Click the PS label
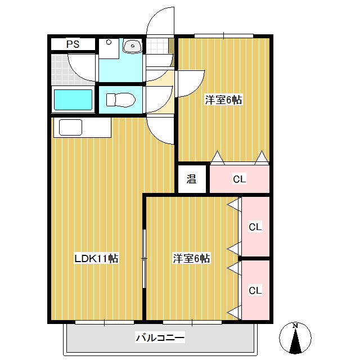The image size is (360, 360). (x=72, y=44)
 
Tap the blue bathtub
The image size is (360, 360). (x=72, y=101)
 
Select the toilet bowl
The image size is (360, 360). (x=121, y=100)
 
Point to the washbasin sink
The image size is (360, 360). (x=133, y=46)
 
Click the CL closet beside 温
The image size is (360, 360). (x=240, y=180)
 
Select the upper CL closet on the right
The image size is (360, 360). (x=255, y=227)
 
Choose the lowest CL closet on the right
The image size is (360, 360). (x=255, y=290)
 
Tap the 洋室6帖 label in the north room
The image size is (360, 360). (x=223, y=100)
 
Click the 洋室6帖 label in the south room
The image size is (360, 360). (x=191, y=259)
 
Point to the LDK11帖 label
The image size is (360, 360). (x=96, y=259)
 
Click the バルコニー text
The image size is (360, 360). (x=160, y=338)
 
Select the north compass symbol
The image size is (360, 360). (x=295, y=339)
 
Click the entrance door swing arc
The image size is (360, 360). (x=160, y=22)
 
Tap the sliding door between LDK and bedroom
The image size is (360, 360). (x=144, y=259)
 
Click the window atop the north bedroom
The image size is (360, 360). (x=223, y=36)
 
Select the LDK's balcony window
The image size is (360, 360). (x=104, y=322)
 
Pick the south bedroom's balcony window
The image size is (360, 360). (x=191, y=322)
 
